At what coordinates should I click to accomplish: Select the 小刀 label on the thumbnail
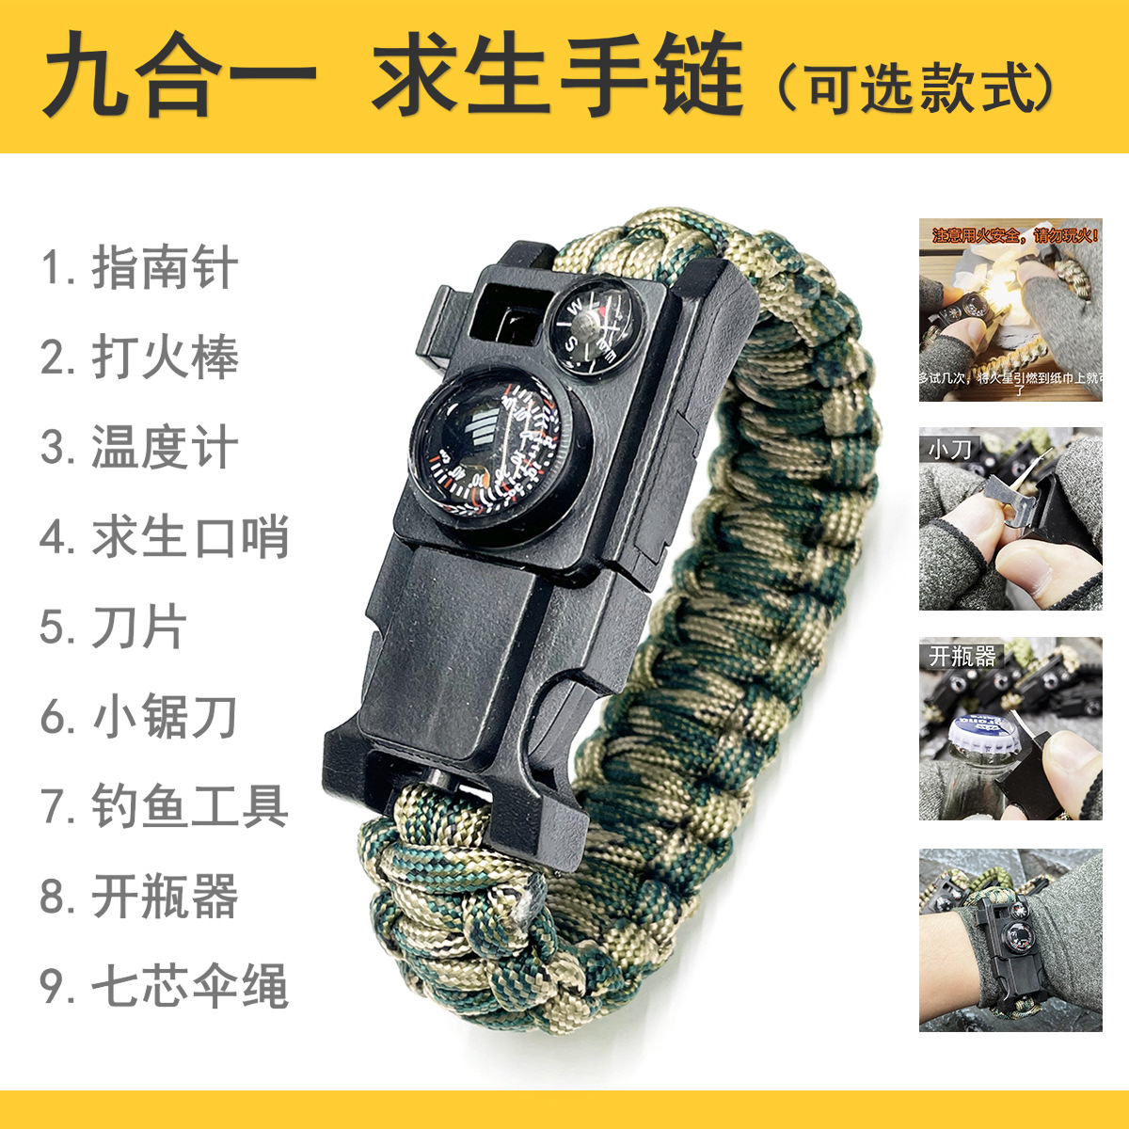click(x=949, y=449)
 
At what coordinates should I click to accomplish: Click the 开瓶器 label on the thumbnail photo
click(x=962, y=656)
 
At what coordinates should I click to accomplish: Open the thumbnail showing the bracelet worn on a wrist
click(x=1010, y=940)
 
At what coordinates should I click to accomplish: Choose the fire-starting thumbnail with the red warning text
click(x=1010, y=310)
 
